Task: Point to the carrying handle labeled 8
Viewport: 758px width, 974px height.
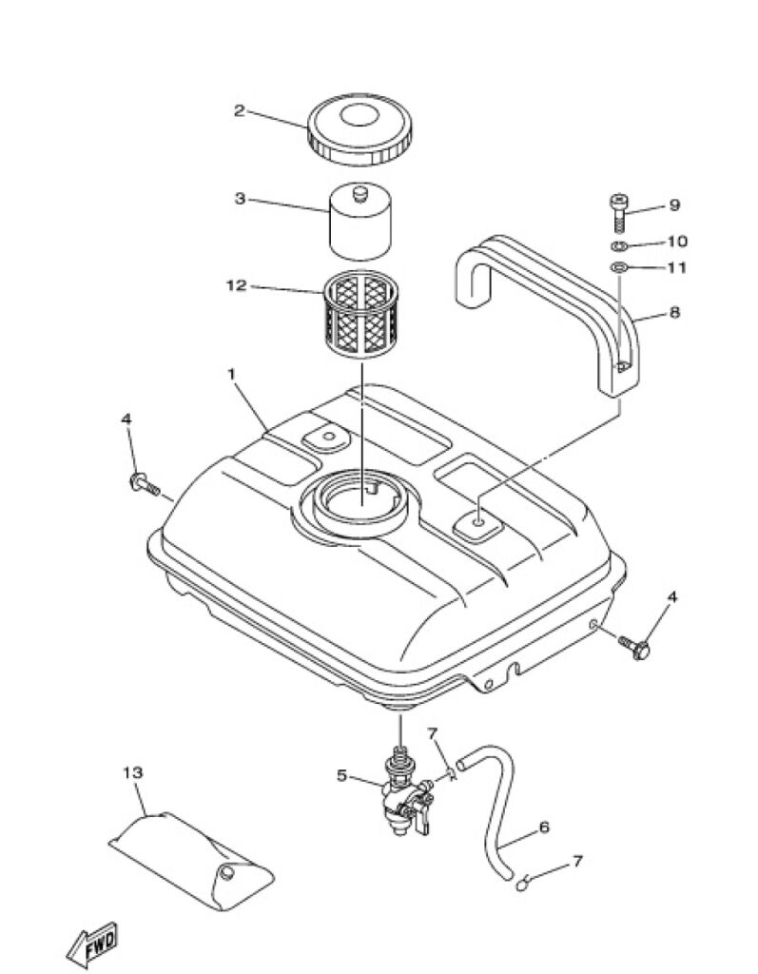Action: point(547,304)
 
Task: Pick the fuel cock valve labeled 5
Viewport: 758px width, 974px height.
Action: point(404,798)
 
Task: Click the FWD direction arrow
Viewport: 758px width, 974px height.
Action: point(92,945)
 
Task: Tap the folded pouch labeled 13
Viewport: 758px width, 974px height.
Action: point(192,860)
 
